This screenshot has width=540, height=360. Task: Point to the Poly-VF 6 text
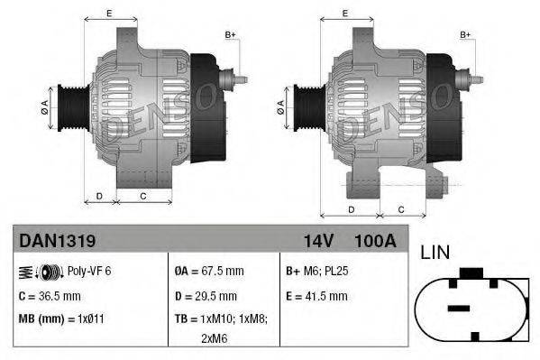point(90,271)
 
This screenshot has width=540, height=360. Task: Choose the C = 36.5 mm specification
point(50,295)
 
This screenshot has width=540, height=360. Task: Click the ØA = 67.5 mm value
point(210,271)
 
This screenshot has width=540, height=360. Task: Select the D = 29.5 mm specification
point(206,295)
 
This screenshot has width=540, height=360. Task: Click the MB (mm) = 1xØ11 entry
point(61,318)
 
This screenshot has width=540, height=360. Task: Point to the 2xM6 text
point(214,339)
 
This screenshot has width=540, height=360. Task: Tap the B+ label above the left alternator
point(230,35)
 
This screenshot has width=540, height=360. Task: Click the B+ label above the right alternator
point(466,35)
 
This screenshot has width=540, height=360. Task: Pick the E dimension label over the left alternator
point(109,13)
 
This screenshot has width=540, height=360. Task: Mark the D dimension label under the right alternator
point(349,208)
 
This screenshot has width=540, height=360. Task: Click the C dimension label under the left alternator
point(142,196)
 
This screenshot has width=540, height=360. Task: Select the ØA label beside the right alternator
point(280,106)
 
